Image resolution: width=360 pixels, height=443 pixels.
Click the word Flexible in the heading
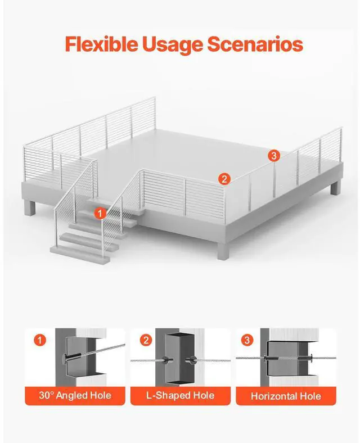click(102, 44)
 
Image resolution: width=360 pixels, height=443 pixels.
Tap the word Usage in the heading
click(173, 45)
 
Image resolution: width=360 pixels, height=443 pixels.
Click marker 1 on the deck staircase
click(100, 213)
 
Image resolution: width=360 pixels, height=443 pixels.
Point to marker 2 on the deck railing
click(224, 179)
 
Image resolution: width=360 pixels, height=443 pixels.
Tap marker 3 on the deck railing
click(274, 155)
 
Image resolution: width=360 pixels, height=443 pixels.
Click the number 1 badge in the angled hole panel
click(39, 340)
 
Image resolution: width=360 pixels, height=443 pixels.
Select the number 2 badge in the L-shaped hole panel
click(146, 340)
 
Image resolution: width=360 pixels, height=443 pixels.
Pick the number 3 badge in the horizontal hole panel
click(247, 340)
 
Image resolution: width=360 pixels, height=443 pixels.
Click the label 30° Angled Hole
click(75, 395)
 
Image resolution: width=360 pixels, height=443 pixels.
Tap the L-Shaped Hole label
click(181, 395)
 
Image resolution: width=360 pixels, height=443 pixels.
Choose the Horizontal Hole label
click(286, 396)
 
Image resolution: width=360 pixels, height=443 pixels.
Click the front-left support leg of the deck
click(30, 207)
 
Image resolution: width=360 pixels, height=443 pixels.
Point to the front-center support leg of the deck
click(222, 250)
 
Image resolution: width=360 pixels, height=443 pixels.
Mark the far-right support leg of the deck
click(335, 187)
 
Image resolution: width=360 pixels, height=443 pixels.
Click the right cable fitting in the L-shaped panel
click(190, 360)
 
